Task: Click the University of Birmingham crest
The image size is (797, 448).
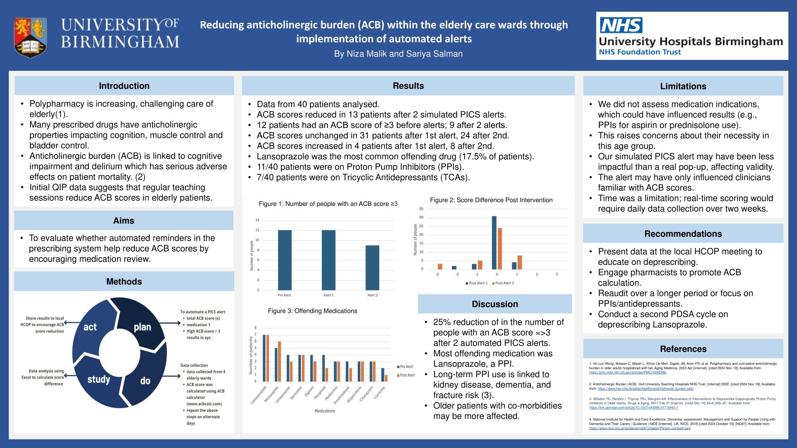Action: [x=30, y=37]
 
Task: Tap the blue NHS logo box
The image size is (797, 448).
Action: [x=621, y=25]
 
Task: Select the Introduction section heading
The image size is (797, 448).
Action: [x=124, y=86]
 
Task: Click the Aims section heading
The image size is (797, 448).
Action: [x=124, y=221]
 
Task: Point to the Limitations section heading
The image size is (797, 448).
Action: [x=683, y=87]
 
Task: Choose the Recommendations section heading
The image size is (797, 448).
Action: [x=683, y=234]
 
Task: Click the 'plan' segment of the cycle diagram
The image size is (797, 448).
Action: [x=142, y=327]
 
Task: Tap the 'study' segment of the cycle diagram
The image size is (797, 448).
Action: [x=98, y=379]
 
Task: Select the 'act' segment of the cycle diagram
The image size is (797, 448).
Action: [x=90, y=327]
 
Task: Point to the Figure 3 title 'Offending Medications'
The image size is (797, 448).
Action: [x=312, y=311]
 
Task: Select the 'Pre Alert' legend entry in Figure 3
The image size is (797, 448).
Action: [x=405, y=367]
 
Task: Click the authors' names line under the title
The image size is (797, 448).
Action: [x=398, y=54]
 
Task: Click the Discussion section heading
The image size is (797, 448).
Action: [x=495, y=304]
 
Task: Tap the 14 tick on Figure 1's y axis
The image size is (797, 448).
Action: [x=257, y=220]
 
